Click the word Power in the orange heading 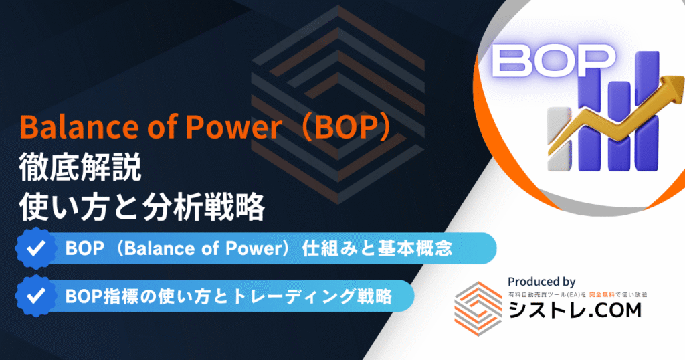pos(233,127)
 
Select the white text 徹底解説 pos(80,167)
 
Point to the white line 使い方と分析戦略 pos(142,207)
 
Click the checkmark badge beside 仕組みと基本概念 pos(36,248)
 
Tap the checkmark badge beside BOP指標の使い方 pos(36,296)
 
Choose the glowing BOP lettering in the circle pos(553,61)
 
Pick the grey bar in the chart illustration pos(559,139)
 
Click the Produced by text pos(542,282)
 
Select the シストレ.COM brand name pos(575,310)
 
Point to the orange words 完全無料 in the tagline pos(601,295)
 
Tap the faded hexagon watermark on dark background pos(338,111)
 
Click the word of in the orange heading pos(162,127)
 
